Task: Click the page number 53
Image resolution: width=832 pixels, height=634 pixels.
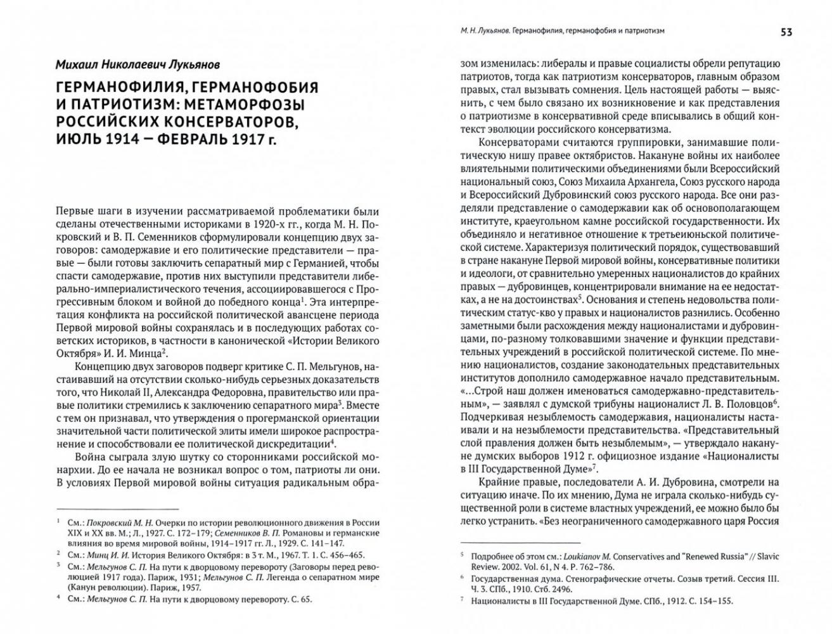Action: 786,32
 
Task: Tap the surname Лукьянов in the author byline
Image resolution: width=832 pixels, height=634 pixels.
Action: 189,65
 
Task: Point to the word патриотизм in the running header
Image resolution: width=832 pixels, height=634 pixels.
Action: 640,31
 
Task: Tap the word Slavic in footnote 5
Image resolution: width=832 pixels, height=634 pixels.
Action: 767,556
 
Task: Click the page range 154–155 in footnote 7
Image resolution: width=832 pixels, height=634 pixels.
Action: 716,601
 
